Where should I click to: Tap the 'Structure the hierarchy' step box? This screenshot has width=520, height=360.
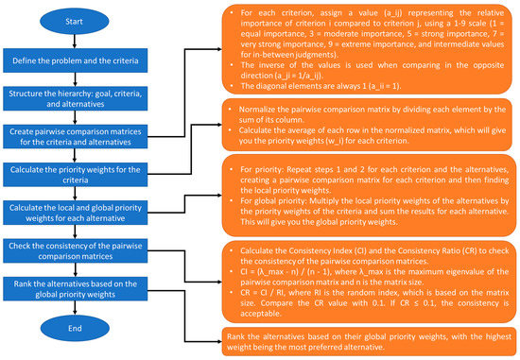point(83,100)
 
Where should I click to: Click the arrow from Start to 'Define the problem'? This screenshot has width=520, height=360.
point(83,42)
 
